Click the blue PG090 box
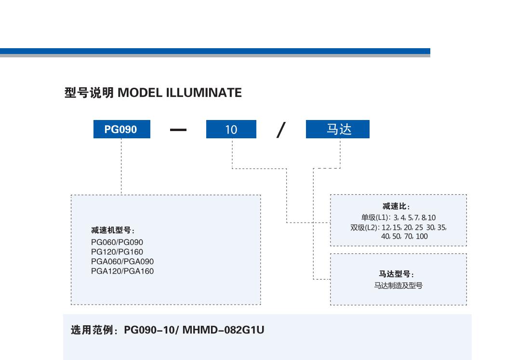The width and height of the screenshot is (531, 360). pos(121,130)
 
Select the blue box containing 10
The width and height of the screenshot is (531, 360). pos(231,130)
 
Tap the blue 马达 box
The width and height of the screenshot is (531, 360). pos(338,130)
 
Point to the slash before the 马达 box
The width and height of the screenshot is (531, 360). pos(280,130)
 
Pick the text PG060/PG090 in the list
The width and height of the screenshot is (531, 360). pos(117,242)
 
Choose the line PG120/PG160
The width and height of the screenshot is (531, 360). pos(117,252)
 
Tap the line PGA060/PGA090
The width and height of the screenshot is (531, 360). pos(122,261)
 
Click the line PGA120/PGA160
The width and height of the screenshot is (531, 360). pos(122,271)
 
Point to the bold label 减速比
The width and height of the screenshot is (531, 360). pos(399,207)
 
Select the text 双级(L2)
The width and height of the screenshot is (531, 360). pos(364,227)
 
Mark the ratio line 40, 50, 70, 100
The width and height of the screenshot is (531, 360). pos(404,237)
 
